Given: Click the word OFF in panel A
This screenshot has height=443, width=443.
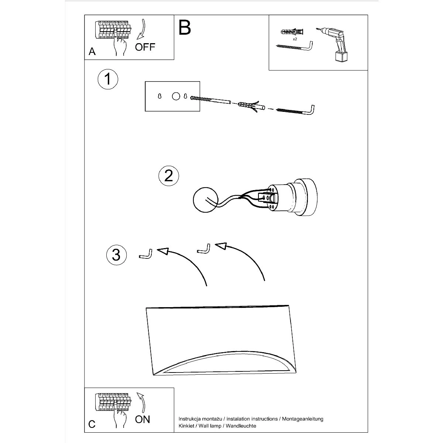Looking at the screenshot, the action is pos(145,47).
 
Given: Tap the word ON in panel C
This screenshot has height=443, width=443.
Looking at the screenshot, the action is pos(142,419).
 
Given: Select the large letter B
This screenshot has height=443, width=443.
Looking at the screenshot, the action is pos(184,28).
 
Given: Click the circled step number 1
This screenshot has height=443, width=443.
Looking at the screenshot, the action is pos(108,79).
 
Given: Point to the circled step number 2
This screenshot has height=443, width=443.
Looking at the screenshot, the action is pos(168,176).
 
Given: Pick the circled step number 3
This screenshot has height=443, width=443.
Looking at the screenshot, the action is pos(116,255).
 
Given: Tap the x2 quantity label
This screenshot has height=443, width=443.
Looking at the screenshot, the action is pos(295,39).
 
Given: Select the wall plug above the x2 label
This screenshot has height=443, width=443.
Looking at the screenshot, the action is pos(292,31).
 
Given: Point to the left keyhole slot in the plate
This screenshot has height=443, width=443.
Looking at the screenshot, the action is pos(159,96).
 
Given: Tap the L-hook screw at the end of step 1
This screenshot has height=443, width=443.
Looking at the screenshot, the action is pos(295,111).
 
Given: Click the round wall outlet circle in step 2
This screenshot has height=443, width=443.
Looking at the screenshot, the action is pos(206,200).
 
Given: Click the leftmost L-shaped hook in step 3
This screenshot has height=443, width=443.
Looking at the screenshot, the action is pos(146,254).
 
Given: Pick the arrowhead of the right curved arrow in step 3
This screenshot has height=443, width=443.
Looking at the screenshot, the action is pos(221,246).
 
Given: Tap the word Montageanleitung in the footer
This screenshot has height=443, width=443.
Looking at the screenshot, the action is pos(303,419).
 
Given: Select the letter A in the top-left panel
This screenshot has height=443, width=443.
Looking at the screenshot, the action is pos(92,51).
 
